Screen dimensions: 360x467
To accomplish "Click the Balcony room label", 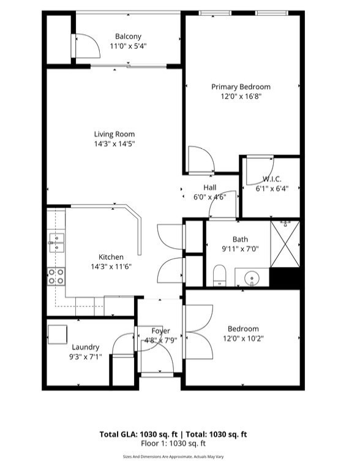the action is pos(128,36).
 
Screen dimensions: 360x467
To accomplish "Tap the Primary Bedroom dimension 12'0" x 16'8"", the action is pos(241,96).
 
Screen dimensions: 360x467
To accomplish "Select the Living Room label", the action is pos(114,134).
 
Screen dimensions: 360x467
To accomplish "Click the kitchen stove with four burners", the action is pos(56,276).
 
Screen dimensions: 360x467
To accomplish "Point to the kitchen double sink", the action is pos(56,243).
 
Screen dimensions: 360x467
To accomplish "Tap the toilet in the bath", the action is pos(220,275).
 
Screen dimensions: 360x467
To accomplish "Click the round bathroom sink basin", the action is pos(252,278).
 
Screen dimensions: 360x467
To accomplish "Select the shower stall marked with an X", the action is pos(285,244).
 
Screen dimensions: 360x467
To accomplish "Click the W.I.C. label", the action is pos(272,179).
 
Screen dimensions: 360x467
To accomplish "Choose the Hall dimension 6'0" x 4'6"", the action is pos(210,197).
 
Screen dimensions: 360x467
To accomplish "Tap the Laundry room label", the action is pos(85,347).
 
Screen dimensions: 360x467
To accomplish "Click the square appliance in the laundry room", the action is pos(57,334).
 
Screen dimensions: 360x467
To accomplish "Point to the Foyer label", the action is pos(160,331).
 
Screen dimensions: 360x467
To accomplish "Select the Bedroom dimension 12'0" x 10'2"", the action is pos(244,339).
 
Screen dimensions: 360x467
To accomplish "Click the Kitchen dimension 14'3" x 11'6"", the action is pos(111,266).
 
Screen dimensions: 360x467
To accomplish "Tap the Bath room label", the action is pos(240,239).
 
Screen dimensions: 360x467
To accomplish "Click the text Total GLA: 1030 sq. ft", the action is pos(138,435).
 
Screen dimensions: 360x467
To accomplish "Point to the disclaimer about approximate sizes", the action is pos(173,457).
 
